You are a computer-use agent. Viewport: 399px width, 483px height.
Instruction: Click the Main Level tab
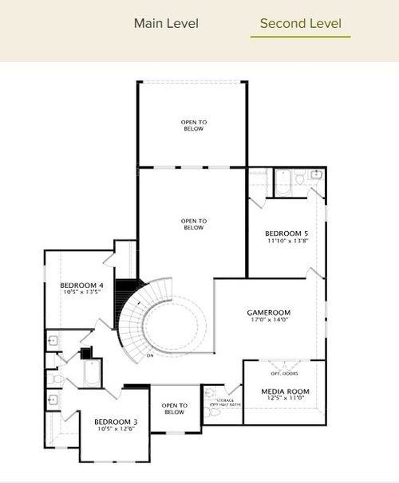point(166,23)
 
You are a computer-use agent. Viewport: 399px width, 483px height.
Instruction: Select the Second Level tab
point(300,23)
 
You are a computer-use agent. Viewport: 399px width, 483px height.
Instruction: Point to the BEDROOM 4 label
point(81,285)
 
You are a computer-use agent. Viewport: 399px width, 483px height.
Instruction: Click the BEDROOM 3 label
point(116,422)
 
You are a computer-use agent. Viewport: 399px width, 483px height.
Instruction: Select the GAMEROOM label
point(268,312)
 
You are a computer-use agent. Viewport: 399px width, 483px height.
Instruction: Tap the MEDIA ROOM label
point(285,391)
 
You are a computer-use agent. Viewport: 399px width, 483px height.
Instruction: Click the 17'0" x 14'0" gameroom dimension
point(268,321)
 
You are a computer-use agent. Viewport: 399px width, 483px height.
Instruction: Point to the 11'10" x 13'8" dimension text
point(286,241)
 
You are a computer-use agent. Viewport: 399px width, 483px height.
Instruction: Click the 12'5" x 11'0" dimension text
point(285,399)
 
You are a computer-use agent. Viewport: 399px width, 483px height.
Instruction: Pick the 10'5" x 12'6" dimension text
point(116,430)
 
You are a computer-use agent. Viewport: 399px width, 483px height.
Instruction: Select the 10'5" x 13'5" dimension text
point(81,292)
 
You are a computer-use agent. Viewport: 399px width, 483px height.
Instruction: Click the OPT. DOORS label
point(283,373)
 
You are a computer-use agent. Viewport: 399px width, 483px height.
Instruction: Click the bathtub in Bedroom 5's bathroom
point(285,184)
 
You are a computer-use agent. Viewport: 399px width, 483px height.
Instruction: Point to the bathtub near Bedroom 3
point(91,374)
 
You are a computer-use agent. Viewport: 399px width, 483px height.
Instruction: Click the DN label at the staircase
point(149,355)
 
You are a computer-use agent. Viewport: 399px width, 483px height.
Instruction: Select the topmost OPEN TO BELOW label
point(192,125)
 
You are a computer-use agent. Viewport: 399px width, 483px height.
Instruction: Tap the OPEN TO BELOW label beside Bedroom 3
point(174,409)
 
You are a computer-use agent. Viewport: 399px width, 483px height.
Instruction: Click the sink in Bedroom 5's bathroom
point(316,174)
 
